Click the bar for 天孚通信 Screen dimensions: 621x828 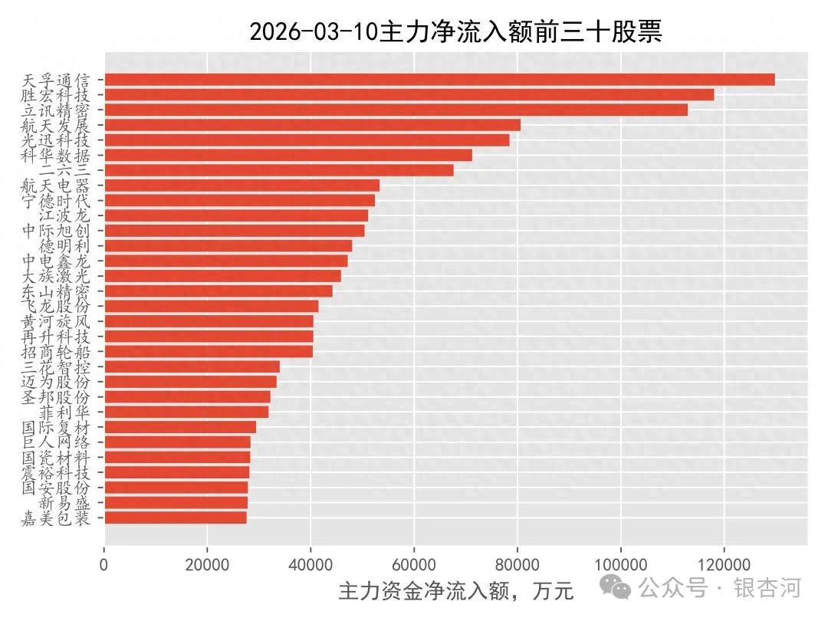tap(439, 80)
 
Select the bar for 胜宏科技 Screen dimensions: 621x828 tap(409, 95)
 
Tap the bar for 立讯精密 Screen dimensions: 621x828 tap(396, 110)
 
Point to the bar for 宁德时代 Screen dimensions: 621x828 tap(239, 200)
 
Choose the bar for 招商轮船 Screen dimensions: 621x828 tap(208, 351)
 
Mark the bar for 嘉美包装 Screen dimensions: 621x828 tap(175, 517)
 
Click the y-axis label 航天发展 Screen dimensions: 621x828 tap(56, 125)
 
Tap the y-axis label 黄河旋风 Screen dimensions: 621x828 tap(56, 321)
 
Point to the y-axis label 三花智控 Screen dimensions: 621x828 tap(56, 366)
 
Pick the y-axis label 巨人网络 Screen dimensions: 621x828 tap(56, 442)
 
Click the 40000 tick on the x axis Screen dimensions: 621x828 tap(310, 565)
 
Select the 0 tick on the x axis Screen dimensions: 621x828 tap(104, 565)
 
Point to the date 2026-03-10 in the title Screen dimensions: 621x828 tap(314, 32)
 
